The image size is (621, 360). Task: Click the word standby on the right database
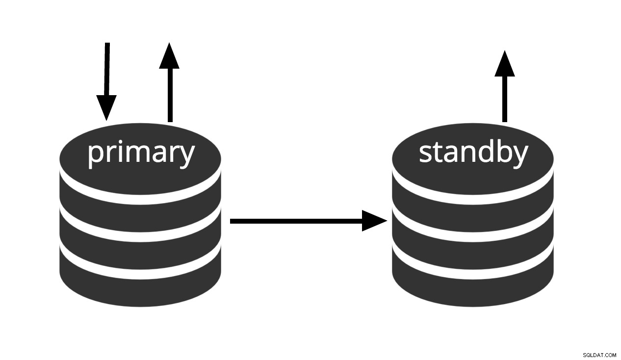point(473,153)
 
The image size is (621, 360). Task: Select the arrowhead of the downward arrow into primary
point(106,107)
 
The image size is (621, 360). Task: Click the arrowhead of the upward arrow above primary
point(169,55)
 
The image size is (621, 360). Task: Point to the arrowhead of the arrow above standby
point(505,63)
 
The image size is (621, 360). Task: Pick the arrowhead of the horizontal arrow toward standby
point(374,221)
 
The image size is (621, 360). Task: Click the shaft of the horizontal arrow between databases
point(296,221)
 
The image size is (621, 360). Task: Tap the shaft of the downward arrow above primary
point(107,69)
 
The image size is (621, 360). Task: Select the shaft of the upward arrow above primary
point(170,95)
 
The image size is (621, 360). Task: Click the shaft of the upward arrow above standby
point(505,99)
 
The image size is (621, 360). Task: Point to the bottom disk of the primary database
point(140,280)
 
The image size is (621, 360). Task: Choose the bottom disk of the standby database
point(473,280)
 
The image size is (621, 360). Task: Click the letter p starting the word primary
point(95,156)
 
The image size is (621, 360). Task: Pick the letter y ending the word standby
point(519,156)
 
